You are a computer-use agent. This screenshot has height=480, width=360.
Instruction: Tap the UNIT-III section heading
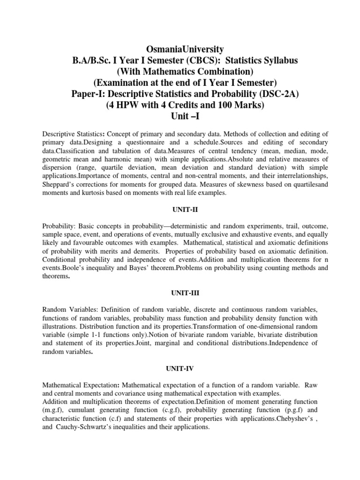pyautogui.click(x=180, y=292)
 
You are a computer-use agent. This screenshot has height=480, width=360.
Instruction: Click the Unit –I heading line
pyautogui.click(x=180, y=117)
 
